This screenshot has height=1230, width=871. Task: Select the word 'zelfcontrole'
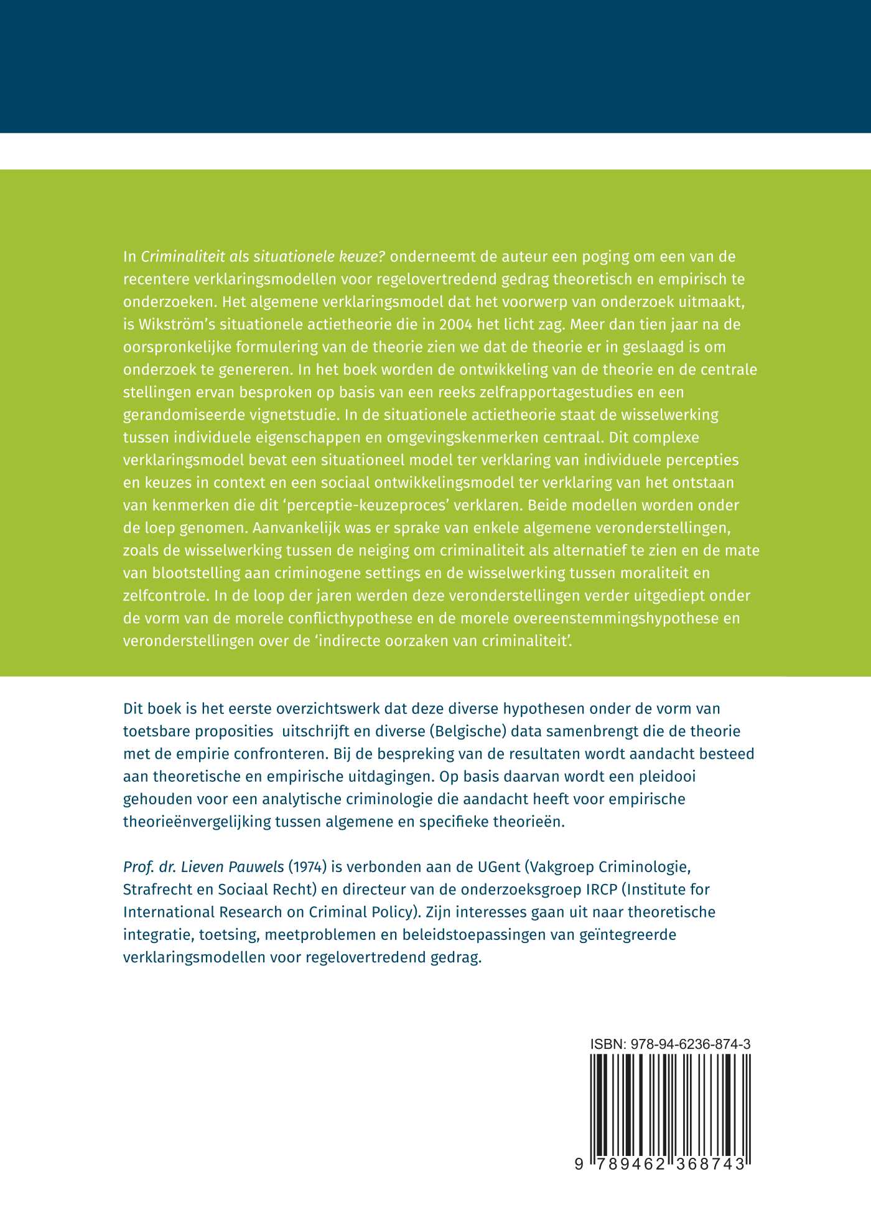point(164,596)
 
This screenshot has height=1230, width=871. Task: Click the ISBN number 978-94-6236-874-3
point(690,1044)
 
